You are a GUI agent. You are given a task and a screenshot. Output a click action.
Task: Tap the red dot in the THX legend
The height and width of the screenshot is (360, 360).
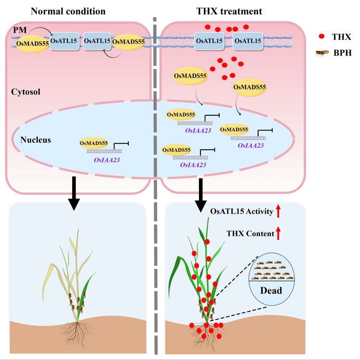click(321, 36)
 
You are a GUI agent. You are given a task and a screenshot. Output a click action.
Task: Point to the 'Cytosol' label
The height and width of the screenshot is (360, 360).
click(25, 89)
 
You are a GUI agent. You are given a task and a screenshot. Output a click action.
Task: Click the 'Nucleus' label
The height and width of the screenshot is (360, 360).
click(36, 140)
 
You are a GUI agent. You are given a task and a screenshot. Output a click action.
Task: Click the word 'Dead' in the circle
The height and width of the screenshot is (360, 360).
click(271, 290)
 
